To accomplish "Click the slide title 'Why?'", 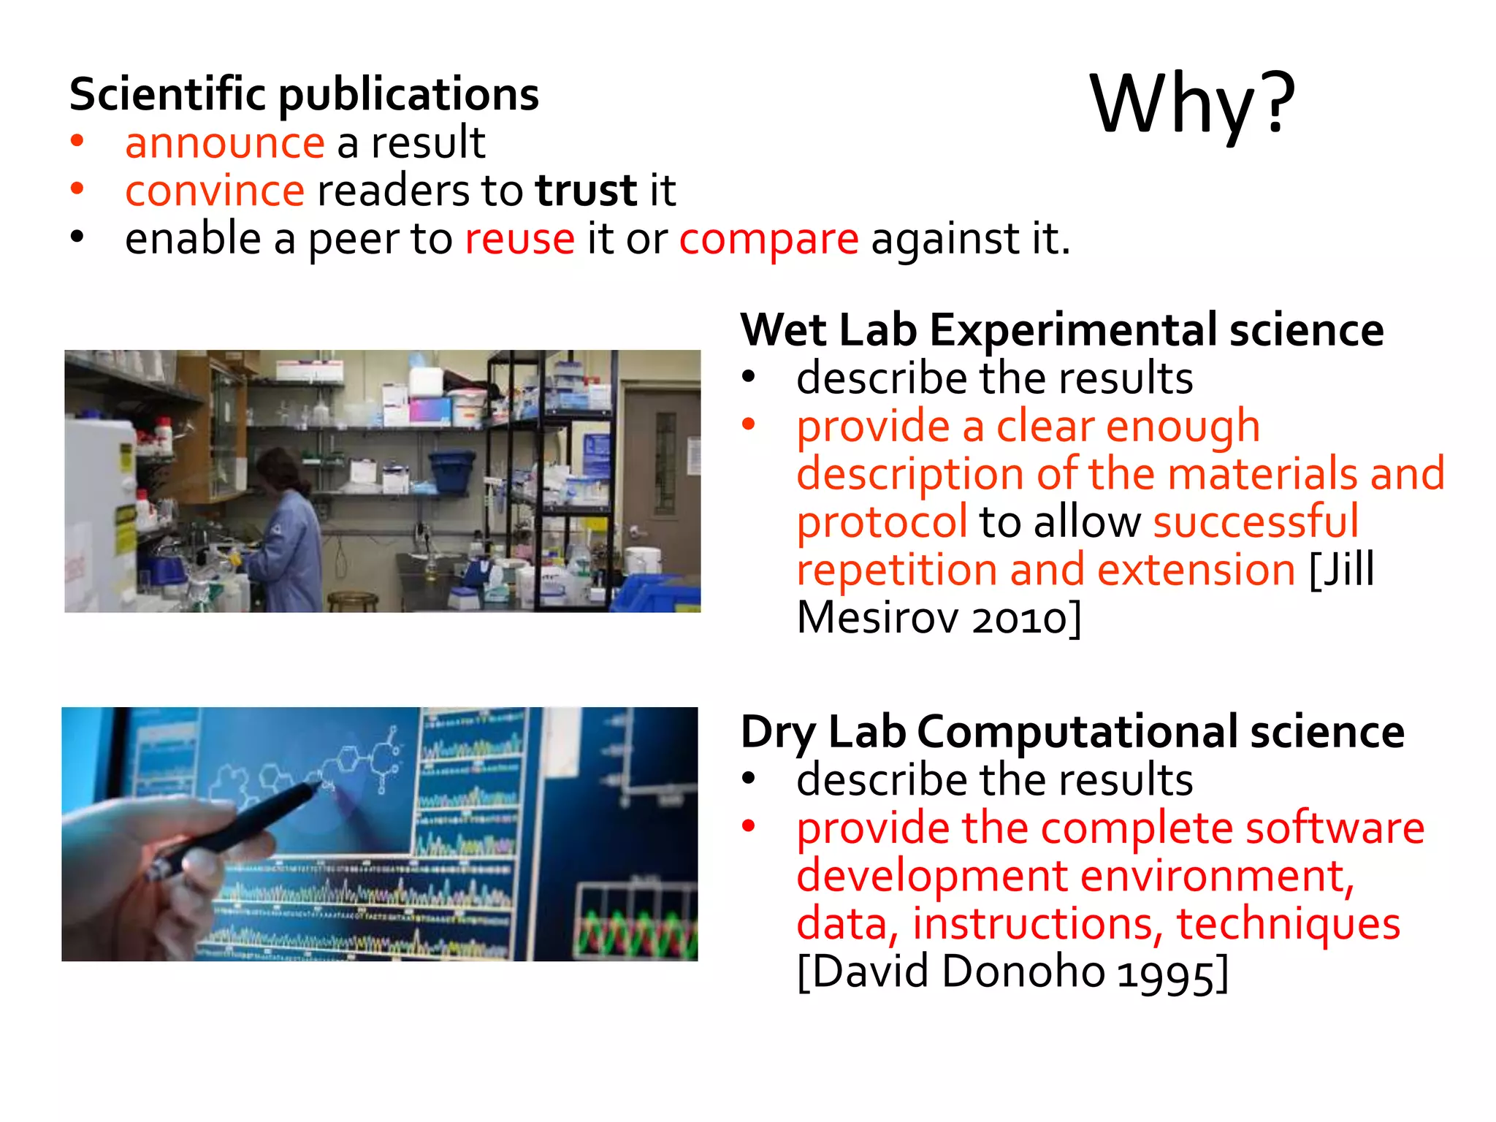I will tap(1192, 104).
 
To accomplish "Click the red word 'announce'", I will tap(224, 142).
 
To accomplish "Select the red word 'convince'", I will tap(214, 191).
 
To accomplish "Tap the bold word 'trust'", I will tap(586, 191).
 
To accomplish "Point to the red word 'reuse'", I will tap(519, 239).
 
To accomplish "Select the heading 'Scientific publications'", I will tap(304, 94).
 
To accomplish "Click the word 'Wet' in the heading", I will tap(783, 330).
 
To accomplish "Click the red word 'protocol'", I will tap(882, 522).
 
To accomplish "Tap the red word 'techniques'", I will tap(1288, 924).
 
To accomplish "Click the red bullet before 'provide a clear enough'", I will tap(748, 424).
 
